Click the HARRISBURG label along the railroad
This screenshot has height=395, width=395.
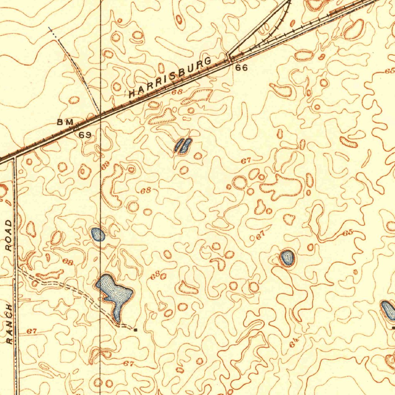[170, 77]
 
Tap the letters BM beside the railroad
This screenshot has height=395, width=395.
[65, 122]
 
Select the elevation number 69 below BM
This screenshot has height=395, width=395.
[85, 135]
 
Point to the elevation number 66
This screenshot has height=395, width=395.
[241, 68]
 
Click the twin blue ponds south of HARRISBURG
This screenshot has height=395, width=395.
[183, 146]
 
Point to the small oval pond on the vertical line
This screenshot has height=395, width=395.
[98, 234]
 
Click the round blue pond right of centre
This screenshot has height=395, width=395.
[287, 258]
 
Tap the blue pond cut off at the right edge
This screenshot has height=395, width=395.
[388, 310]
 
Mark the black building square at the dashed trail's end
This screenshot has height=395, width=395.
[135, 330]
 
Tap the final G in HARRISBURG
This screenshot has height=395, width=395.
[208, 62]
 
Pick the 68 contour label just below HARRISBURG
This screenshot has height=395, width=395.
[177, 92]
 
